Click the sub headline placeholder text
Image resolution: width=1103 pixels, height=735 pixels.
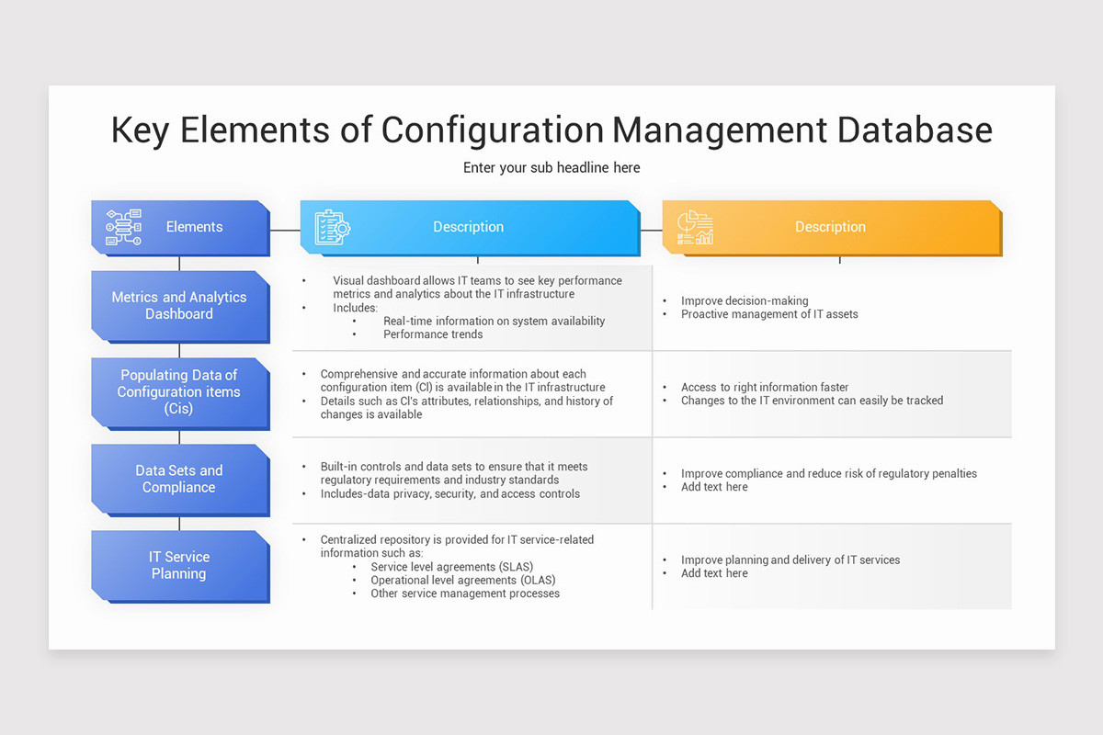point(551,167)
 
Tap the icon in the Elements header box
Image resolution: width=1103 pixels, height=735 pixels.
point(123,227)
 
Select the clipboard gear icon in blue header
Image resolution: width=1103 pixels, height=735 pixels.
point(332,227)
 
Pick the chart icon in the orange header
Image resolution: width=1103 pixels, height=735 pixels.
point(695,227)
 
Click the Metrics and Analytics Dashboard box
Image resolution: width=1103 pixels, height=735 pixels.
point(179,306)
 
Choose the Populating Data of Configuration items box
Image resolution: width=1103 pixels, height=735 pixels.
point(179,392)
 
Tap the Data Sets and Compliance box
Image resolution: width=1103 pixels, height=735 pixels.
point(179,479)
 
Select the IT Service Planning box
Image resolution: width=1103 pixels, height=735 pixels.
point(179,565)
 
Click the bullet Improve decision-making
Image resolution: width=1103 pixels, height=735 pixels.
point(745,300)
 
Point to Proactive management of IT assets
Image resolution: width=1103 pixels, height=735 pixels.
point(769,314)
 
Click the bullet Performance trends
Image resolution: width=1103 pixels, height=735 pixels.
point(433,334)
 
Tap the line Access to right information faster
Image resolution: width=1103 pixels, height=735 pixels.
point(765,387)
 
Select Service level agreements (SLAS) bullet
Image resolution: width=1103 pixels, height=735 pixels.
point(451,567)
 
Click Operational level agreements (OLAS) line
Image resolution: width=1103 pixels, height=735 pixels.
point(462,580)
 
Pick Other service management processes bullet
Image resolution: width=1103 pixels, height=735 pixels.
point(465,594)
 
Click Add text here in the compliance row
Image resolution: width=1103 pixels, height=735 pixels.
point(714,487)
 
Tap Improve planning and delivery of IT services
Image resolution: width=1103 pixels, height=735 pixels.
point(790,560)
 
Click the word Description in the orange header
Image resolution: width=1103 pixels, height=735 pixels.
point(830,227)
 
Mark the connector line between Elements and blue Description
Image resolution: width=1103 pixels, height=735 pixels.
point(285,230)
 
